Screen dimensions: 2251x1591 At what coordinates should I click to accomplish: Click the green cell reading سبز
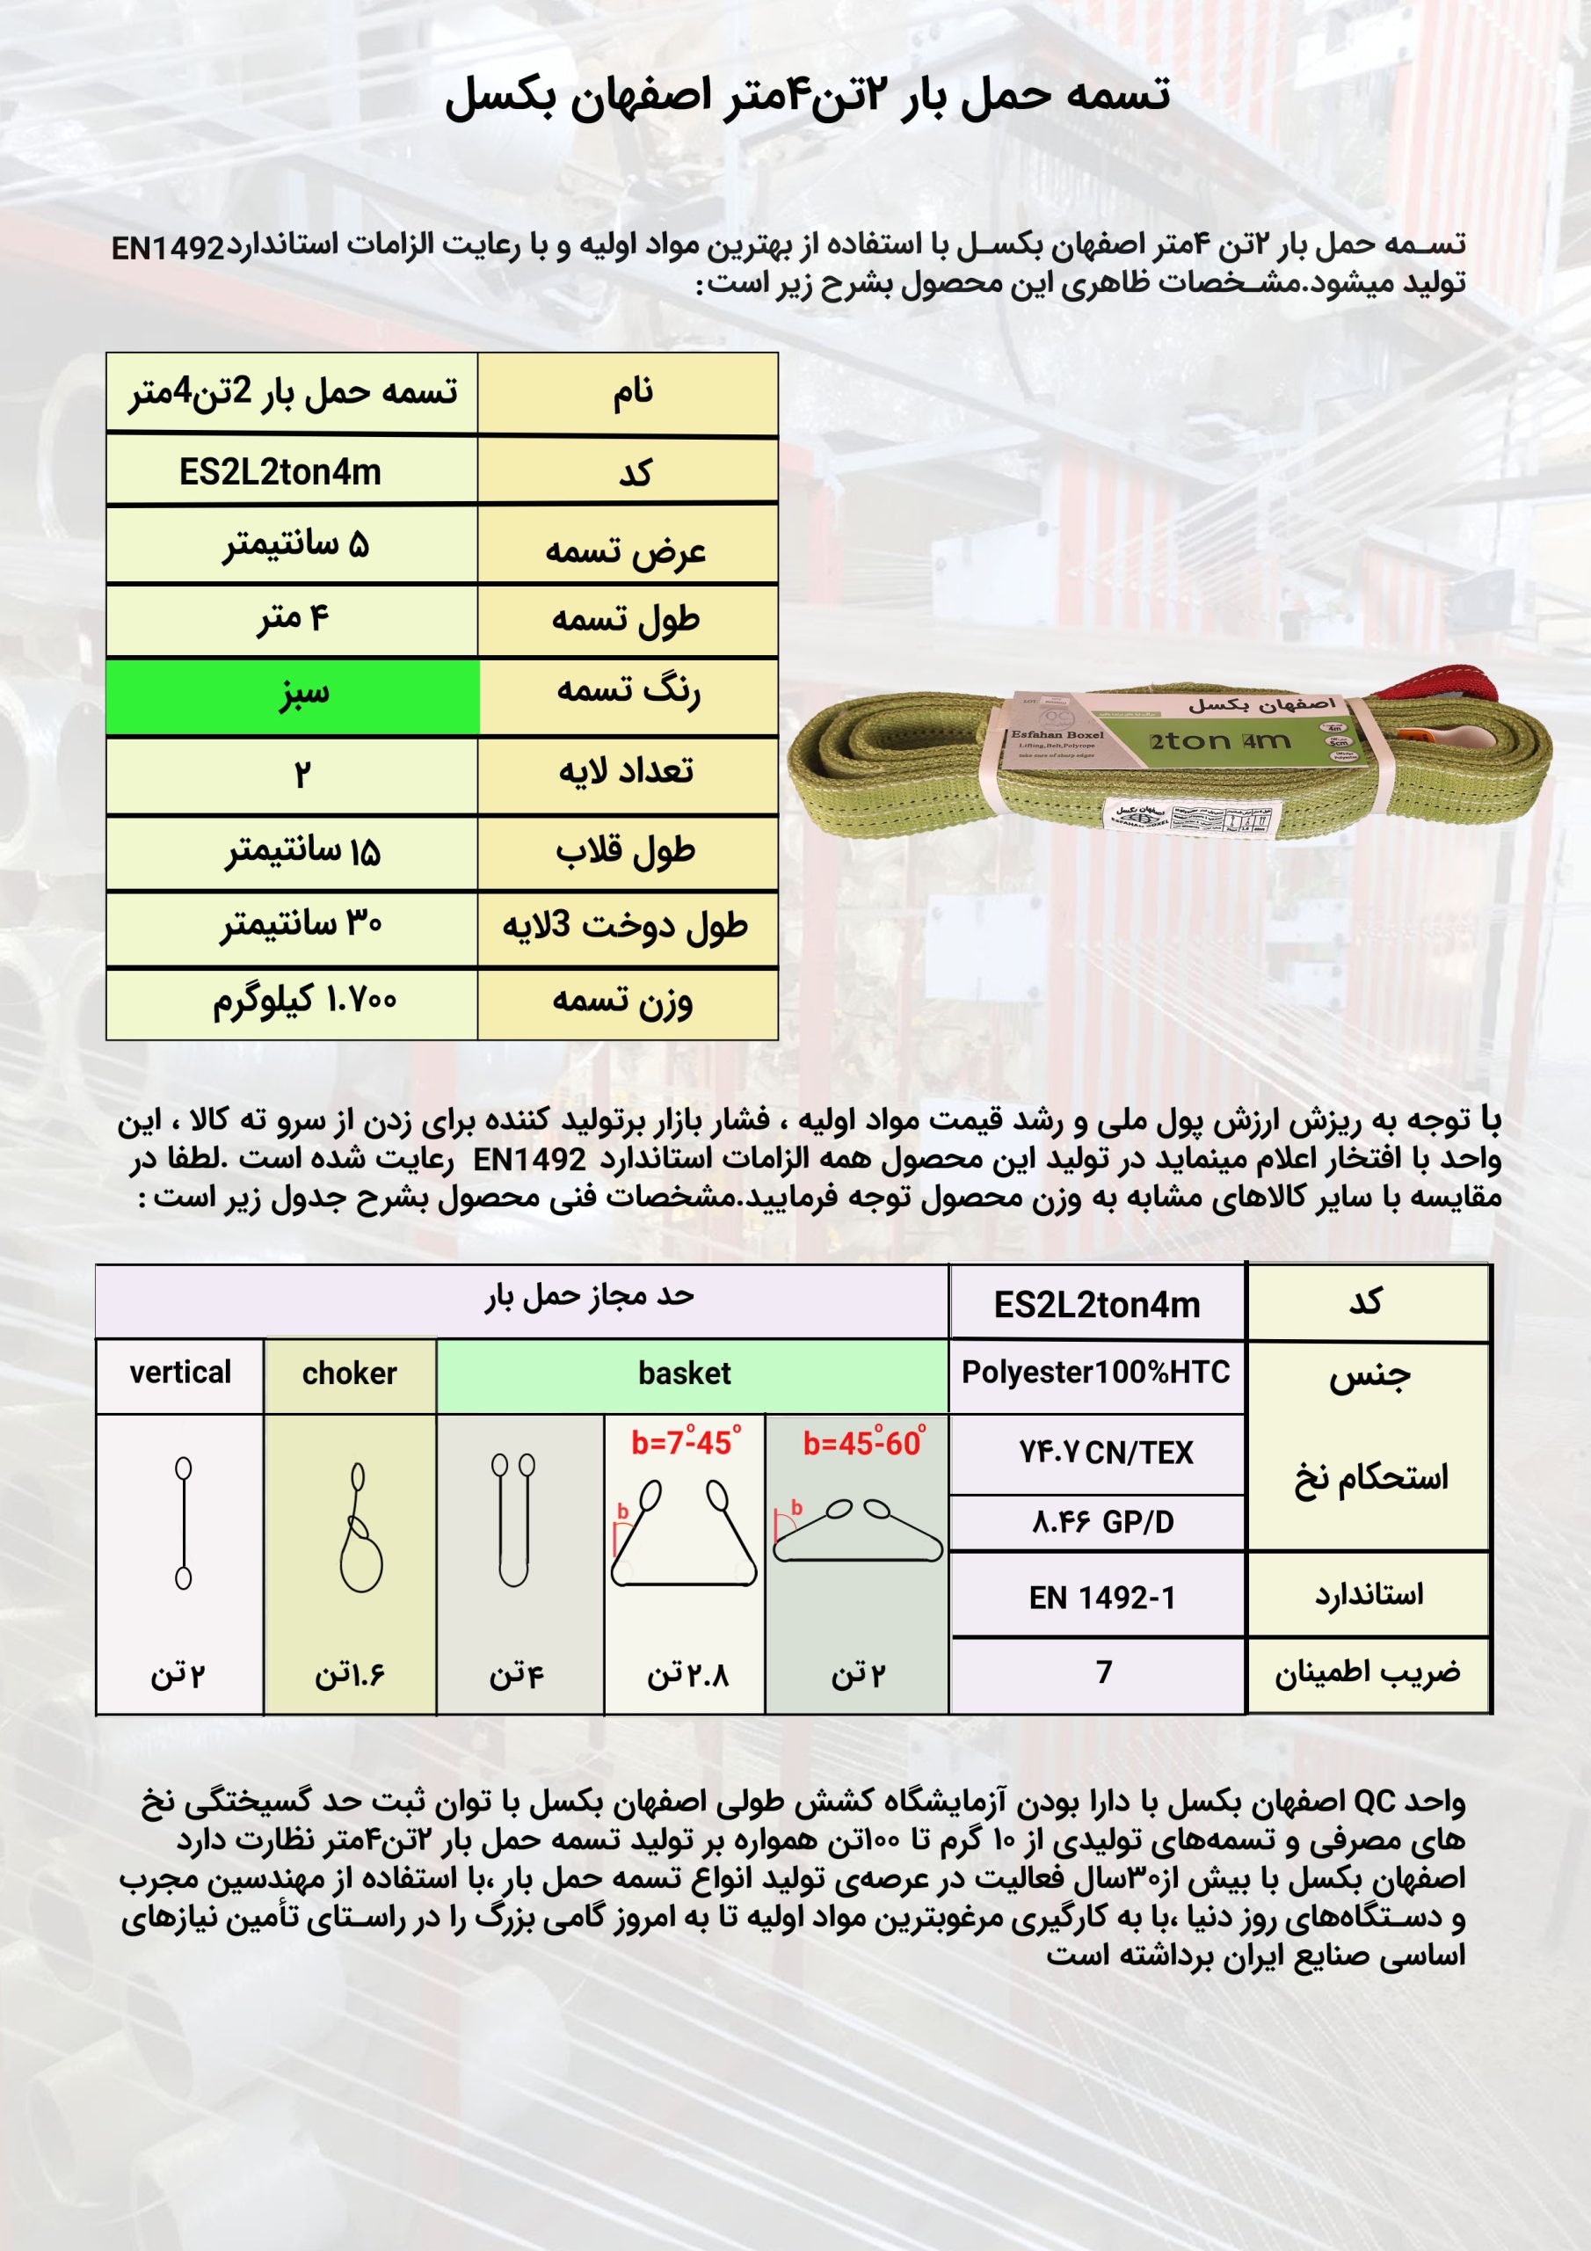292,696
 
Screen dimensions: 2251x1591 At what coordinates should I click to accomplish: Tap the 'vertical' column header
180,1373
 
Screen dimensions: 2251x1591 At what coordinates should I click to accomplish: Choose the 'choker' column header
349,1373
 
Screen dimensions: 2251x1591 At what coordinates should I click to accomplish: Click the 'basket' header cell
684,1373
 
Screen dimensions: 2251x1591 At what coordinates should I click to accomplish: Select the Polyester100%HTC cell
1096,1373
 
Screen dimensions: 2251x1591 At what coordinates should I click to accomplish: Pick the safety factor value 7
1104,1672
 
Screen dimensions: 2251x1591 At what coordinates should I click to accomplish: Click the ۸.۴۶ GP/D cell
1102,1523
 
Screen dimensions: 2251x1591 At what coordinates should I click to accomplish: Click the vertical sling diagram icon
184,1523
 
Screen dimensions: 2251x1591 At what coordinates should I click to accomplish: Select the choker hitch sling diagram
359,1528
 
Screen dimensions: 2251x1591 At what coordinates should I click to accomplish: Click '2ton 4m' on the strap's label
1219,741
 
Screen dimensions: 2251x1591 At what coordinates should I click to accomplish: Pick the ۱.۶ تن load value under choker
349,1674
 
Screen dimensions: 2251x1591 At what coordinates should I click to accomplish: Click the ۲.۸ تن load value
687,1674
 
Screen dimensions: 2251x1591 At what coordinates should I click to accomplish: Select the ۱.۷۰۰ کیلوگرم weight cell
304,1001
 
